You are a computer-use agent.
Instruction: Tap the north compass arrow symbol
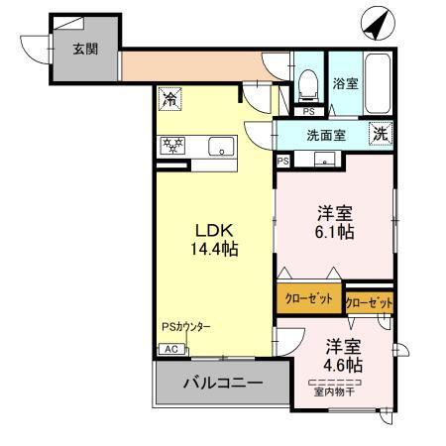click(x=376, y=21)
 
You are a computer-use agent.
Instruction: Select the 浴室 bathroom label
click(x=344, y=84)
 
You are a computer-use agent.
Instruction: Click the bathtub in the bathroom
click(x=379, y=82)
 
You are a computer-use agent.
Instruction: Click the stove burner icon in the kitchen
click(x=173, y=147)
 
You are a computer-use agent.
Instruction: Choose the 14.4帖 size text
click(x=214, y=248)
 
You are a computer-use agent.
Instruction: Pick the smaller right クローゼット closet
click(x=369, y=301)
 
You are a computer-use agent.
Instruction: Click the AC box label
click(x=168, y=349)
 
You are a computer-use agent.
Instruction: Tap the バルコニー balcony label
click(x=220, y=383)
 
